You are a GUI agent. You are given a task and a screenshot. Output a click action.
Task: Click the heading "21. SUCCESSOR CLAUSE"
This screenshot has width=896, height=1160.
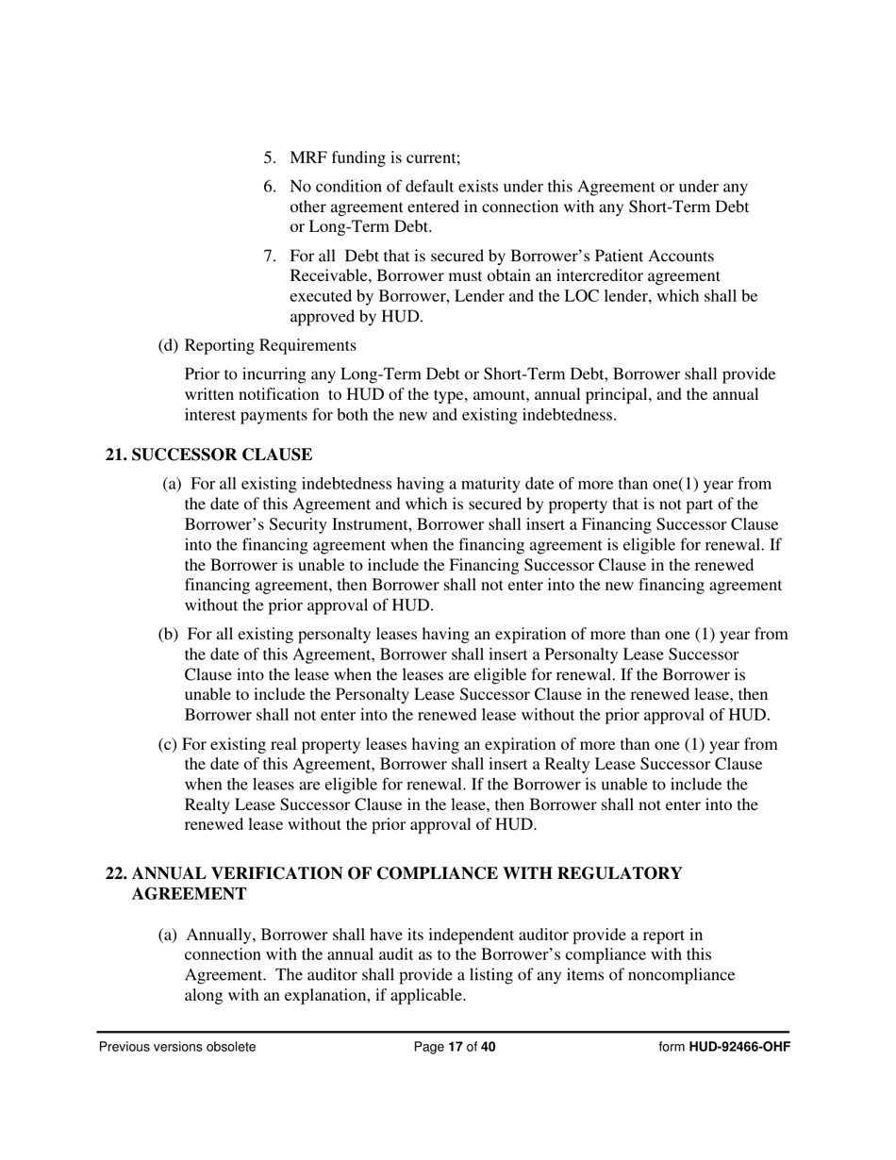[208, 455]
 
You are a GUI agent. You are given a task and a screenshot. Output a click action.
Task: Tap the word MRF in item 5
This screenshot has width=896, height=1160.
[309, 157]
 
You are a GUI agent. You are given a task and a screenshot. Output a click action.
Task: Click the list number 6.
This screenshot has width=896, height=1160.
[269, 187]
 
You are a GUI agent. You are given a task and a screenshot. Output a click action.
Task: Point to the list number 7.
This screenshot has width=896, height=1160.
[269, 256]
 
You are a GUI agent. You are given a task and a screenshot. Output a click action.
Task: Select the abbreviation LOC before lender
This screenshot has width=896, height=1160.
[582, 296]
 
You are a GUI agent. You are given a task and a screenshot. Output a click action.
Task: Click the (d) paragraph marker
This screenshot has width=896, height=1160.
[168, 344]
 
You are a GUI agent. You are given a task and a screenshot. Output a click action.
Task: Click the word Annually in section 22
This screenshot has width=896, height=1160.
[221, 935]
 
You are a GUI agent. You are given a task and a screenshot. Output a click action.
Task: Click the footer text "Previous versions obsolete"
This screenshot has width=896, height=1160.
[177, 1046]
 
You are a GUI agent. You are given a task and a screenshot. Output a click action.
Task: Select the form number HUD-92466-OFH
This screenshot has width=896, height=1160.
[739, 1046]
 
